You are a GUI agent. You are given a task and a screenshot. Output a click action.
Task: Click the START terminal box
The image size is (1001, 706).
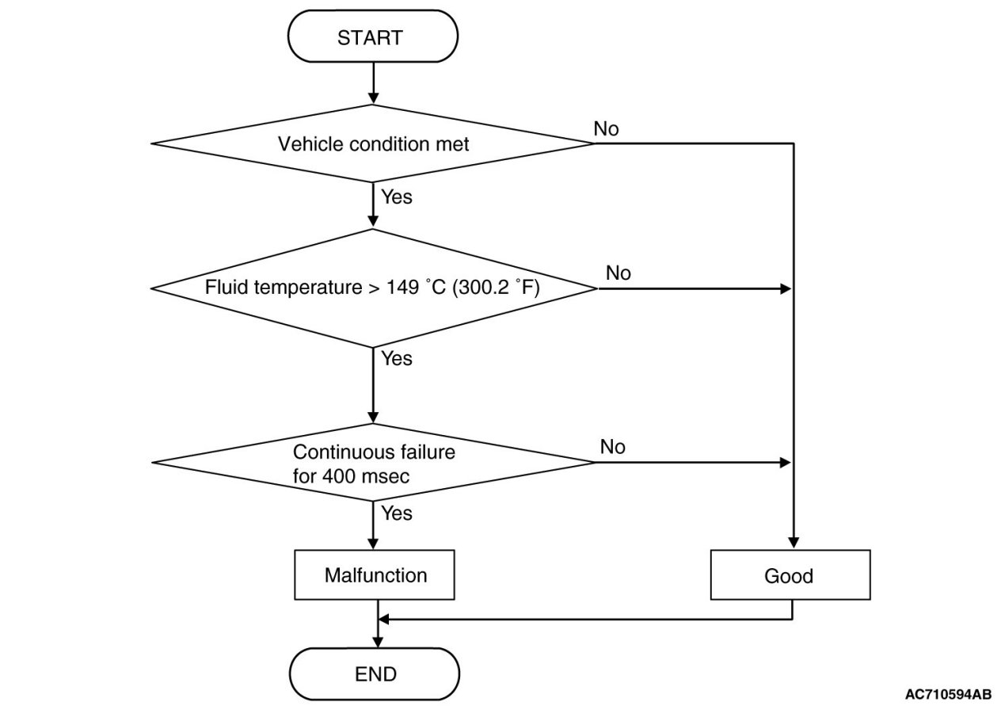(x=373, y=36)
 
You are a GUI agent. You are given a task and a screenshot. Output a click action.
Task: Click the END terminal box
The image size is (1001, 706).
(x=375, y=674)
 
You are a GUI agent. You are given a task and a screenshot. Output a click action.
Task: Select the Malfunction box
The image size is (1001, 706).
(x=375, y=575)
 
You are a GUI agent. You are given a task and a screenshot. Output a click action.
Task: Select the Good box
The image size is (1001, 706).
(x=790, y=575)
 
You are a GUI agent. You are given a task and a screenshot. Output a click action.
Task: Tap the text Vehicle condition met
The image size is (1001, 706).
(x=373, y=144)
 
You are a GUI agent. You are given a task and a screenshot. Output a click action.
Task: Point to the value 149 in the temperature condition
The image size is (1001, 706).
(x=402, y=287)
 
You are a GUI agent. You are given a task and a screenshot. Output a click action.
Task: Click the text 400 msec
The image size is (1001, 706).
(x=365, y=476)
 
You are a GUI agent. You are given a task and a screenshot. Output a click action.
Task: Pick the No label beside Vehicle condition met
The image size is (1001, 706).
(x=606, y=129)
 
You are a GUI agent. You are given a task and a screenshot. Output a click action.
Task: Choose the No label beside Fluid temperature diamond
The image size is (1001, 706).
(x=618, y=273)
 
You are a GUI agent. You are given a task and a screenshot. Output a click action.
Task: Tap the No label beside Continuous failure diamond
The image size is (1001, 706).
(x=612, y=447)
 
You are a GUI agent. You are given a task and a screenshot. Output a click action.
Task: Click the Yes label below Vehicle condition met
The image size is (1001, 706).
(x=397, y=197)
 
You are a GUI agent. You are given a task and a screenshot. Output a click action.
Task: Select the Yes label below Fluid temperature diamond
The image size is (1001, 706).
(x=397, y=358)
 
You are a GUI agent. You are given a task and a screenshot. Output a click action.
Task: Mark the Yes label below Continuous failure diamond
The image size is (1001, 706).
(x=397, y=513)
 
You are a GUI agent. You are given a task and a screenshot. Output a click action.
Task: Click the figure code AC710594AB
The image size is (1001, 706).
(x=948, y=694)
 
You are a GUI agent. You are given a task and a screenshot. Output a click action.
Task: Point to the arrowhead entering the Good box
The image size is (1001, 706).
(x=794, y=543)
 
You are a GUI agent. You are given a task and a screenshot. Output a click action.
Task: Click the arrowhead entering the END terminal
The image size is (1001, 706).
(x=378, y=642)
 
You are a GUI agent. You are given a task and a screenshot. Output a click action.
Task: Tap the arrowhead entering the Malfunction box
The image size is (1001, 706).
(x=373, y=544)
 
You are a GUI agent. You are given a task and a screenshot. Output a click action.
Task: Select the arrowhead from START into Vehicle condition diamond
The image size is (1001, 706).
(x=373, y=98)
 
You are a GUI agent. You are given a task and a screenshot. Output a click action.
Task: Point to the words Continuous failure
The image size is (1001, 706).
(x=374, y=452)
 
